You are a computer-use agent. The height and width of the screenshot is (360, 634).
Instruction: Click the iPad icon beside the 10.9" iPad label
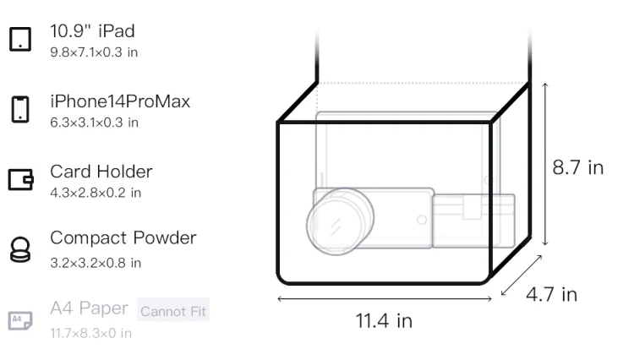20,39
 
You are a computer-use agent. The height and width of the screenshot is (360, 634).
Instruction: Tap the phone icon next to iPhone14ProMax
20,109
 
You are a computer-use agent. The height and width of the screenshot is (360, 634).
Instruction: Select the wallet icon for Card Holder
20,179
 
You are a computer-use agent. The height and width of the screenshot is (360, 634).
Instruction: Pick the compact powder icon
20,249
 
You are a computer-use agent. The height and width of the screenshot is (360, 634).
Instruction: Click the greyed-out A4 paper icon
20,320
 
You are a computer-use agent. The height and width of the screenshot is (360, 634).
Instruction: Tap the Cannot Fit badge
173,311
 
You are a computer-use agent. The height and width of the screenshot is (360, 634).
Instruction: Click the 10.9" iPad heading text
92,31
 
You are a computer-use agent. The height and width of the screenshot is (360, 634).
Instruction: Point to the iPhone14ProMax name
120,101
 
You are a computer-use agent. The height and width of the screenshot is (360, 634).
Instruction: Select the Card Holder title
101,172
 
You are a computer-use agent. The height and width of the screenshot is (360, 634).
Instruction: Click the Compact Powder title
123,238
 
